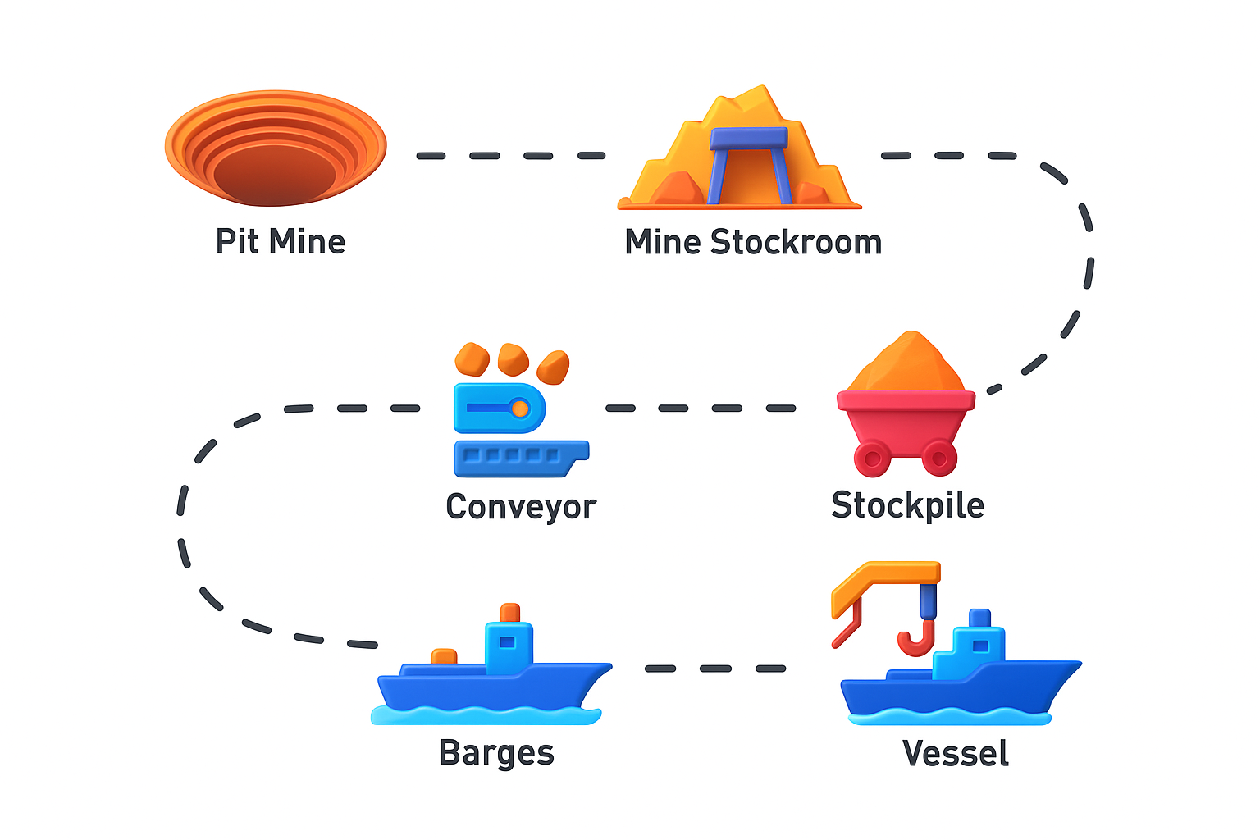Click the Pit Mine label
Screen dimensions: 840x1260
pos(280,242)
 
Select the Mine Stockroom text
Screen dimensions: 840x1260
pos(753,243)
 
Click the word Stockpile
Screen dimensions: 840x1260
pos(907,505)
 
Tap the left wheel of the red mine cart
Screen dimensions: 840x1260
pos(872,458)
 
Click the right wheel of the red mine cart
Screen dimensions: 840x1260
pos(939,458)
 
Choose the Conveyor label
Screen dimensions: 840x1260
pos(521,507)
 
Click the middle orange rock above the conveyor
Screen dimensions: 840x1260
pos(513,358)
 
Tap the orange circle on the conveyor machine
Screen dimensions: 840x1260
pos(520,408)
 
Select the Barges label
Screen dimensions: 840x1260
pos(496,753)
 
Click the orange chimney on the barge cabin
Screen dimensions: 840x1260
pos(510,613)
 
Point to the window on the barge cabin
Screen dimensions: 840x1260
pos(507,642)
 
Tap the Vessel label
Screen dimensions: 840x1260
pos(955,754)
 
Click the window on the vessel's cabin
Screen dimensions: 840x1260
pos(979,646)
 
